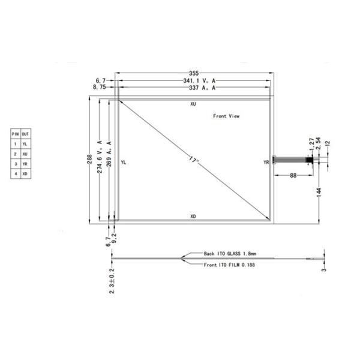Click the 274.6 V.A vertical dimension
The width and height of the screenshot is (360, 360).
(x=100, y=157)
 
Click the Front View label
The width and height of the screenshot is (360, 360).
(x=226, y=116)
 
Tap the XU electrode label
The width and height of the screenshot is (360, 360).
(x=193, y=104)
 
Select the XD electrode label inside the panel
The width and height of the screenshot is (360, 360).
(x=193, y=215)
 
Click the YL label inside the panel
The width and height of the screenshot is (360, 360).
(x=123, y=163)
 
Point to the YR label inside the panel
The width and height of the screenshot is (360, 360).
(x=266, y=163)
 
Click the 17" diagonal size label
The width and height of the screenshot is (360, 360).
(x=192, y=160)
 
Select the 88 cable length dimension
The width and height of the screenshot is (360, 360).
(x=293, y=175)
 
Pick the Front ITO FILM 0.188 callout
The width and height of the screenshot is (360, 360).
(x=228, y=265)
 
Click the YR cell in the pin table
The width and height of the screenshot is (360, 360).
(x=25, y=163)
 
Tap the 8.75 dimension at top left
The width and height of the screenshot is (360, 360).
(x=100, y=88)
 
